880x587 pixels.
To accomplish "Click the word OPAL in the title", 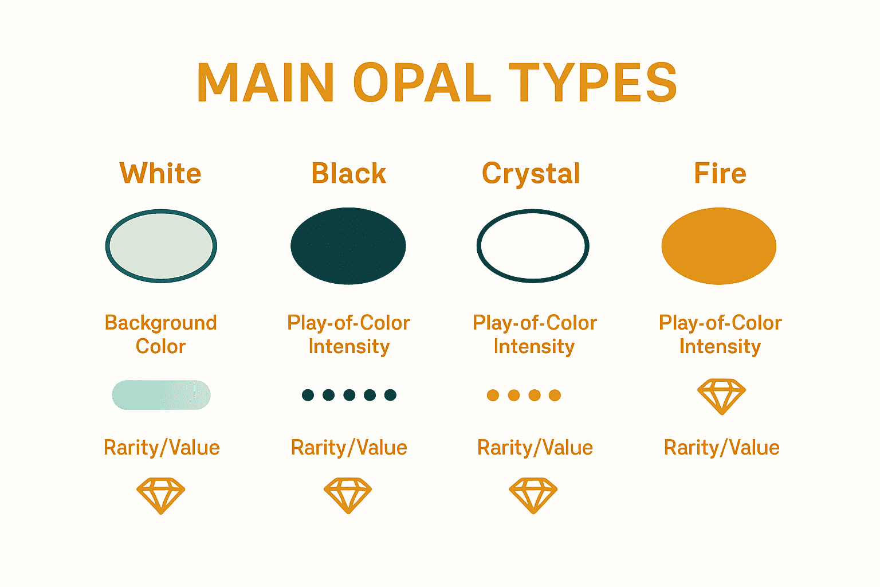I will (422, 83).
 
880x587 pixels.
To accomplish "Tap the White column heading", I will (160, 173).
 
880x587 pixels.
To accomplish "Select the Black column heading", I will (348, 173).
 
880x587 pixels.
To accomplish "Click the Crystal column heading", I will (531, 173).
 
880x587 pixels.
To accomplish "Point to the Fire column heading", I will (720, 173).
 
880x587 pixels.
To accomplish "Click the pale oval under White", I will (161, 246).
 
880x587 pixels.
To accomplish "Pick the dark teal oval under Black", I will (348, 246).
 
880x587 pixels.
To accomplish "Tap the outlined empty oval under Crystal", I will (533, 246).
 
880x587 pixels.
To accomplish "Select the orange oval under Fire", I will (719, 246).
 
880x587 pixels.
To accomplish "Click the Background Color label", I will (161, 334).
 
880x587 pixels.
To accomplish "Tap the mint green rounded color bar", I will (161, 395).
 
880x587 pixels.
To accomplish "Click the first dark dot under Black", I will (308, 395).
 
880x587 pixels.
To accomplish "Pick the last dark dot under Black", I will (390, 395).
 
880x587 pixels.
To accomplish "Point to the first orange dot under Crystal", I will (493, 395).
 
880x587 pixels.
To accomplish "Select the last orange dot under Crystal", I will (555, 395).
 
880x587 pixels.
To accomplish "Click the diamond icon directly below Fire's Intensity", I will (721, 396).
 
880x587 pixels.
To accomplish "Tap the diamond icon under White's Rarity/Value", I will (161, 495).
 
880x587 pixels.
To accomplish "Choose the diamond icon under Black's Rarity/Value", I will (348, 495).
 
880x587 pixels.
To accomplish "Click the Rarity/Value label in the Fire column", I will (721, 448).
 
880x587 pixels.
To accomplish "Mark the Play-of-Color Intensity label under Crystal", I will (535, 334).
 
